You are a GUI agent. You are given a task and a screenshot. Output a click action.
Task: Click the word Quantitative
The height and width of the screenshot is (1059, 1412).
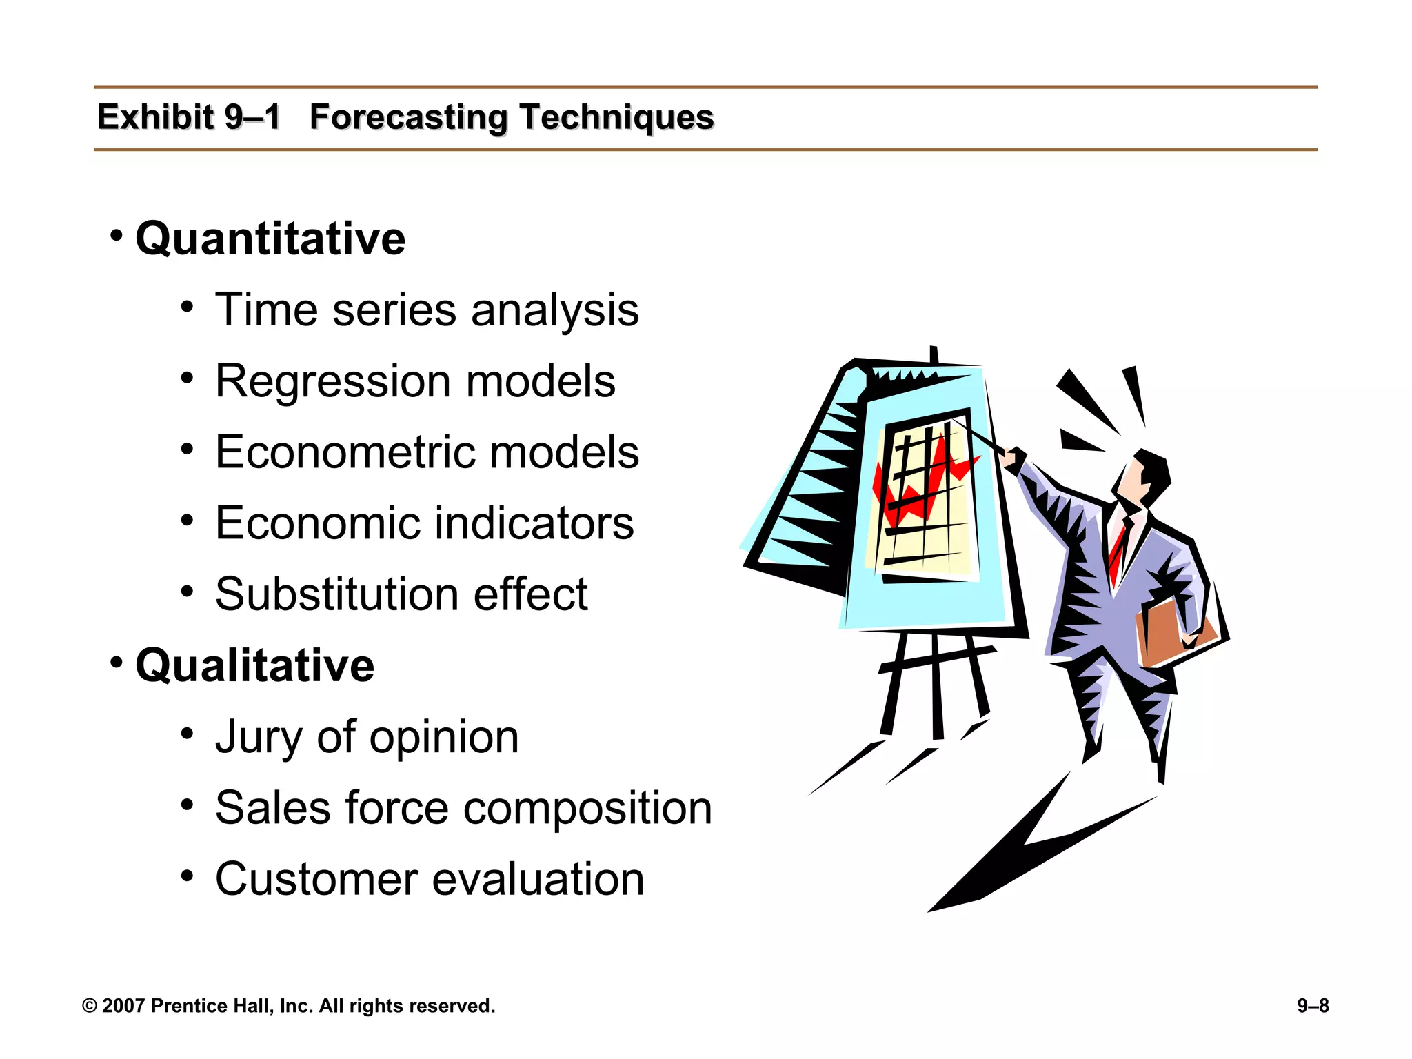pos(270,239)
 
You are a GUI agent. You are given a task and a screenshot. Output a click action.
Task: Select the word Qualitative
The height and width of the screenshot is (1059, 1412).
pos(254,666)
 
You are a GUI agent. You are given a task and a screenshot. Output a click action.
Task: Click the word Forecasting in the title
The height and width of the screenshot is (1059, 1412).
pos(408,117)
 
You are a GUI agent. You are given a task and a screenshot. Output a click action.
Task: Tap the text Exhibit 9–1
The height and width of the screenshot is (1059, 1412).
pos(188,117)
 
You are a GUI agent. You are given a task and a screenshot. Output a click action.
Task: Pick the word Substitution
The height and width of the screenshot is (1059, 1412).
pos(336,594)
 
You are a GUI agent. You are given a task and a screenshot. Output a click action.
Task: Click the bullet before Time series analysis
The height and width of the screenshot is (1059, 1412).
pos(187,307)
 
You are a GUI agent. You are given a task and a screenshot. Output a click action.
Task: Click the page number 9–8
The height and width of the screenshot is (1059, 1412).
pos(1313,1006)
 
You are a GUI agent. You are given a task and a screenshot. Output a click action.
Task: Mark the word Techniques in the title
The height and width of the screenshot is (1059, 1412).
pos(616,117)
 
